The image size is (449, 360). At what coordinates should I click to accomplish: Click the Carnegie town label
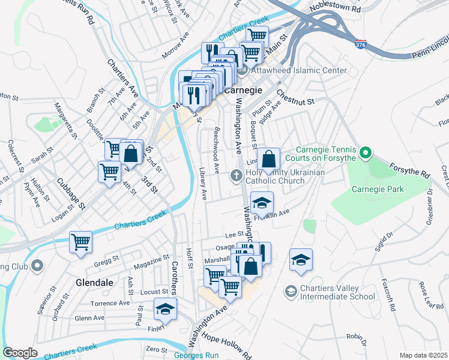coord(245,90)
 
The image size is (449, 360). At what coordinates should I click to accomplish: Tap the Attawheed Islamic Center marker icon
coord(243,71)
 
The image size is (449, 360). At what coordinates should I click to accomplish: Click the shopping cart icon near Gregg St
coord(81,242)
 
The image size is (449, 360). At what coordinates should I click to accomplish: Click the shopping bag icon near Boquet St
coord(270,160)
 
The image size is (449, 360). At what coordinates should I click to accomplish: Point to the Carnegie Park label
coord(378,189)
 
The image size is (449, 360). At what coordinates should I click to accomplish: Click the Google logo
coord(20,353)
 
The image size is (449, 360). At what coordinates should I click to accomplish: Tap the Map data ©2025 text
coord(423,355)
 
